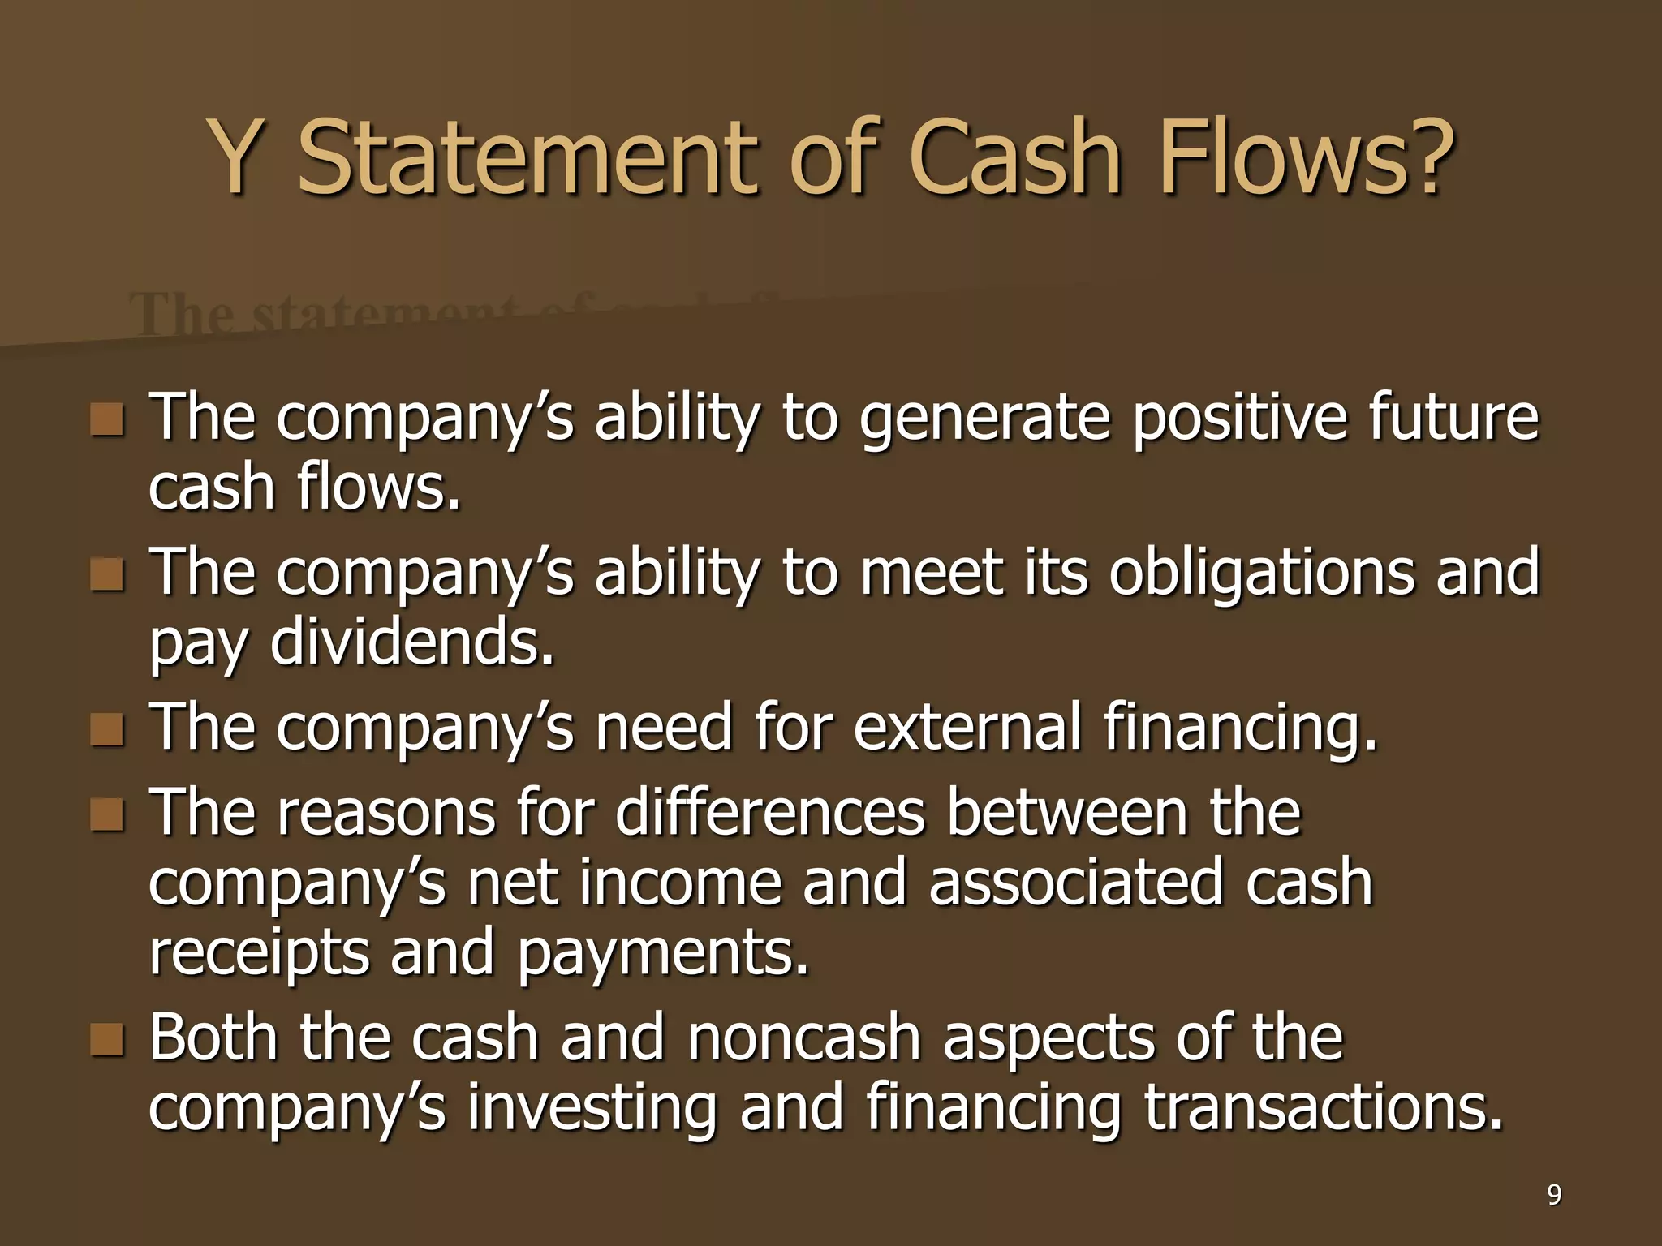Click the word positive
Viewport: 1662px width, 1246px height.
point(1237,419)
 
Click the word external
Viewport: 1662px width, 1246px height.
point(967,727)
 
